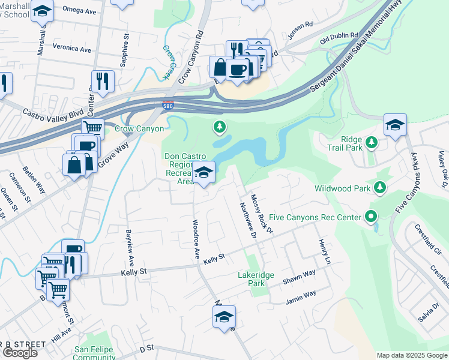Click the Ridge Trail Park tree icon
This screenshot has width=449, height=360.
(372, 142)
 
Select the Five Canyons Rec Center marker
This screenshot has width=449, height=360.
(372, 217)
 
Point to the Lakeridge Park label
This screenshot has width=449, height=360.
(256, 279)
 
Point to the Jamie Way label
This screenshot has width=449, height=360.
(301, 294)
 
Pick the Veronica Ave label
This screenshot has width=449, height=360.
(71, 47)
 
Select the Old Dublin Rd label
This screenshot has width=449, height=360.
(339, 38)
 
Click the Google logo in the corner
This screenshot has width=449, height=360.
(20, 353)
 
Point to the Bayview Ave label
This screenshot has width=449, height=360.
(130, 247)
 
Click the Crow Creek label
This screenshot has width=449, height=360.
(168, 58)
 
